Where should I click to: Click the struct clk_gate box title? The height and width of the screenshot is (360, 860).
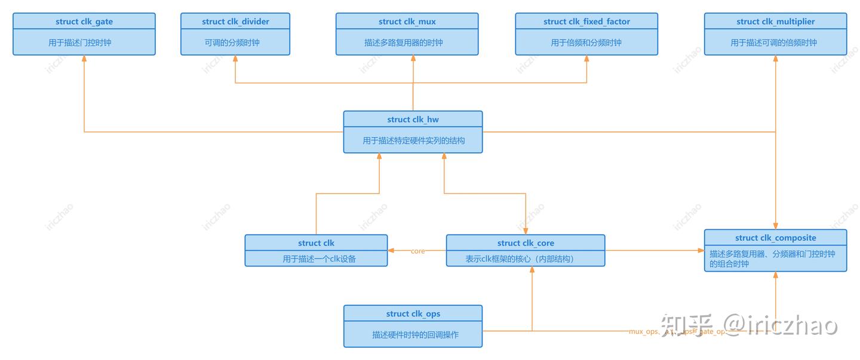point(84,21)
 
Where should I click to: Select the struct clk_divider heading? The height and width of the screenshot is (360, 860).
point(235,21)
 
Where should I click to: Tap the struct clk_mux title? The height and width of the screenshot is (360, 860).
point(407,21)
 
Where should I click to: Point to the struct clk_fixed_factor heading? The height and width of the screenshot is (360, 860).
point(586,21)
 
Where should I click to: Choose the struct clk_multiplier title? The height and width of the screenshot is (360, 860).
point(775,21)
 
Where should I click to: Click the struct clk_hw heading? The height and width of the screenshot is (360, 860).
point(413,119)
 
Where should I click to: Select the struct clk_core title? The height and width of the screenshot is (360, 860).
point(526,243)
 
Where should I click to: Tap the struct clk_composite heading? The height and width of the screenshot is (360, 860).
point(775,238)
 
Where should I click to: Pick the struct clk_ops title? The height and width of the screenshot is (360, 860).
point(413,313)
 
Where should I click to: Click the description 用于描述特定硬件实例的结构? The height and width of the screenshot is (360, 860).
point(413,141)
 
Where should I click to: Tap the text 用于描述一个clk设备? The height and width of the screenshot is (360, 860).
point(316,259)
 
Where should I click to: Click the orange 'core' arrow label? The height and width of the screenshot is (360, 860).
point(417,251)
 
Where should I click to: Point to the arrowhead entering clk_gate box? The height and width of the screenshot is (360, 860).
point(84,59)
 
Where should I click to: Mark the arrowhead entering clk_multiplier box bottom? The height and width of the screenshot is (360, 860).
point(775,59)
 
